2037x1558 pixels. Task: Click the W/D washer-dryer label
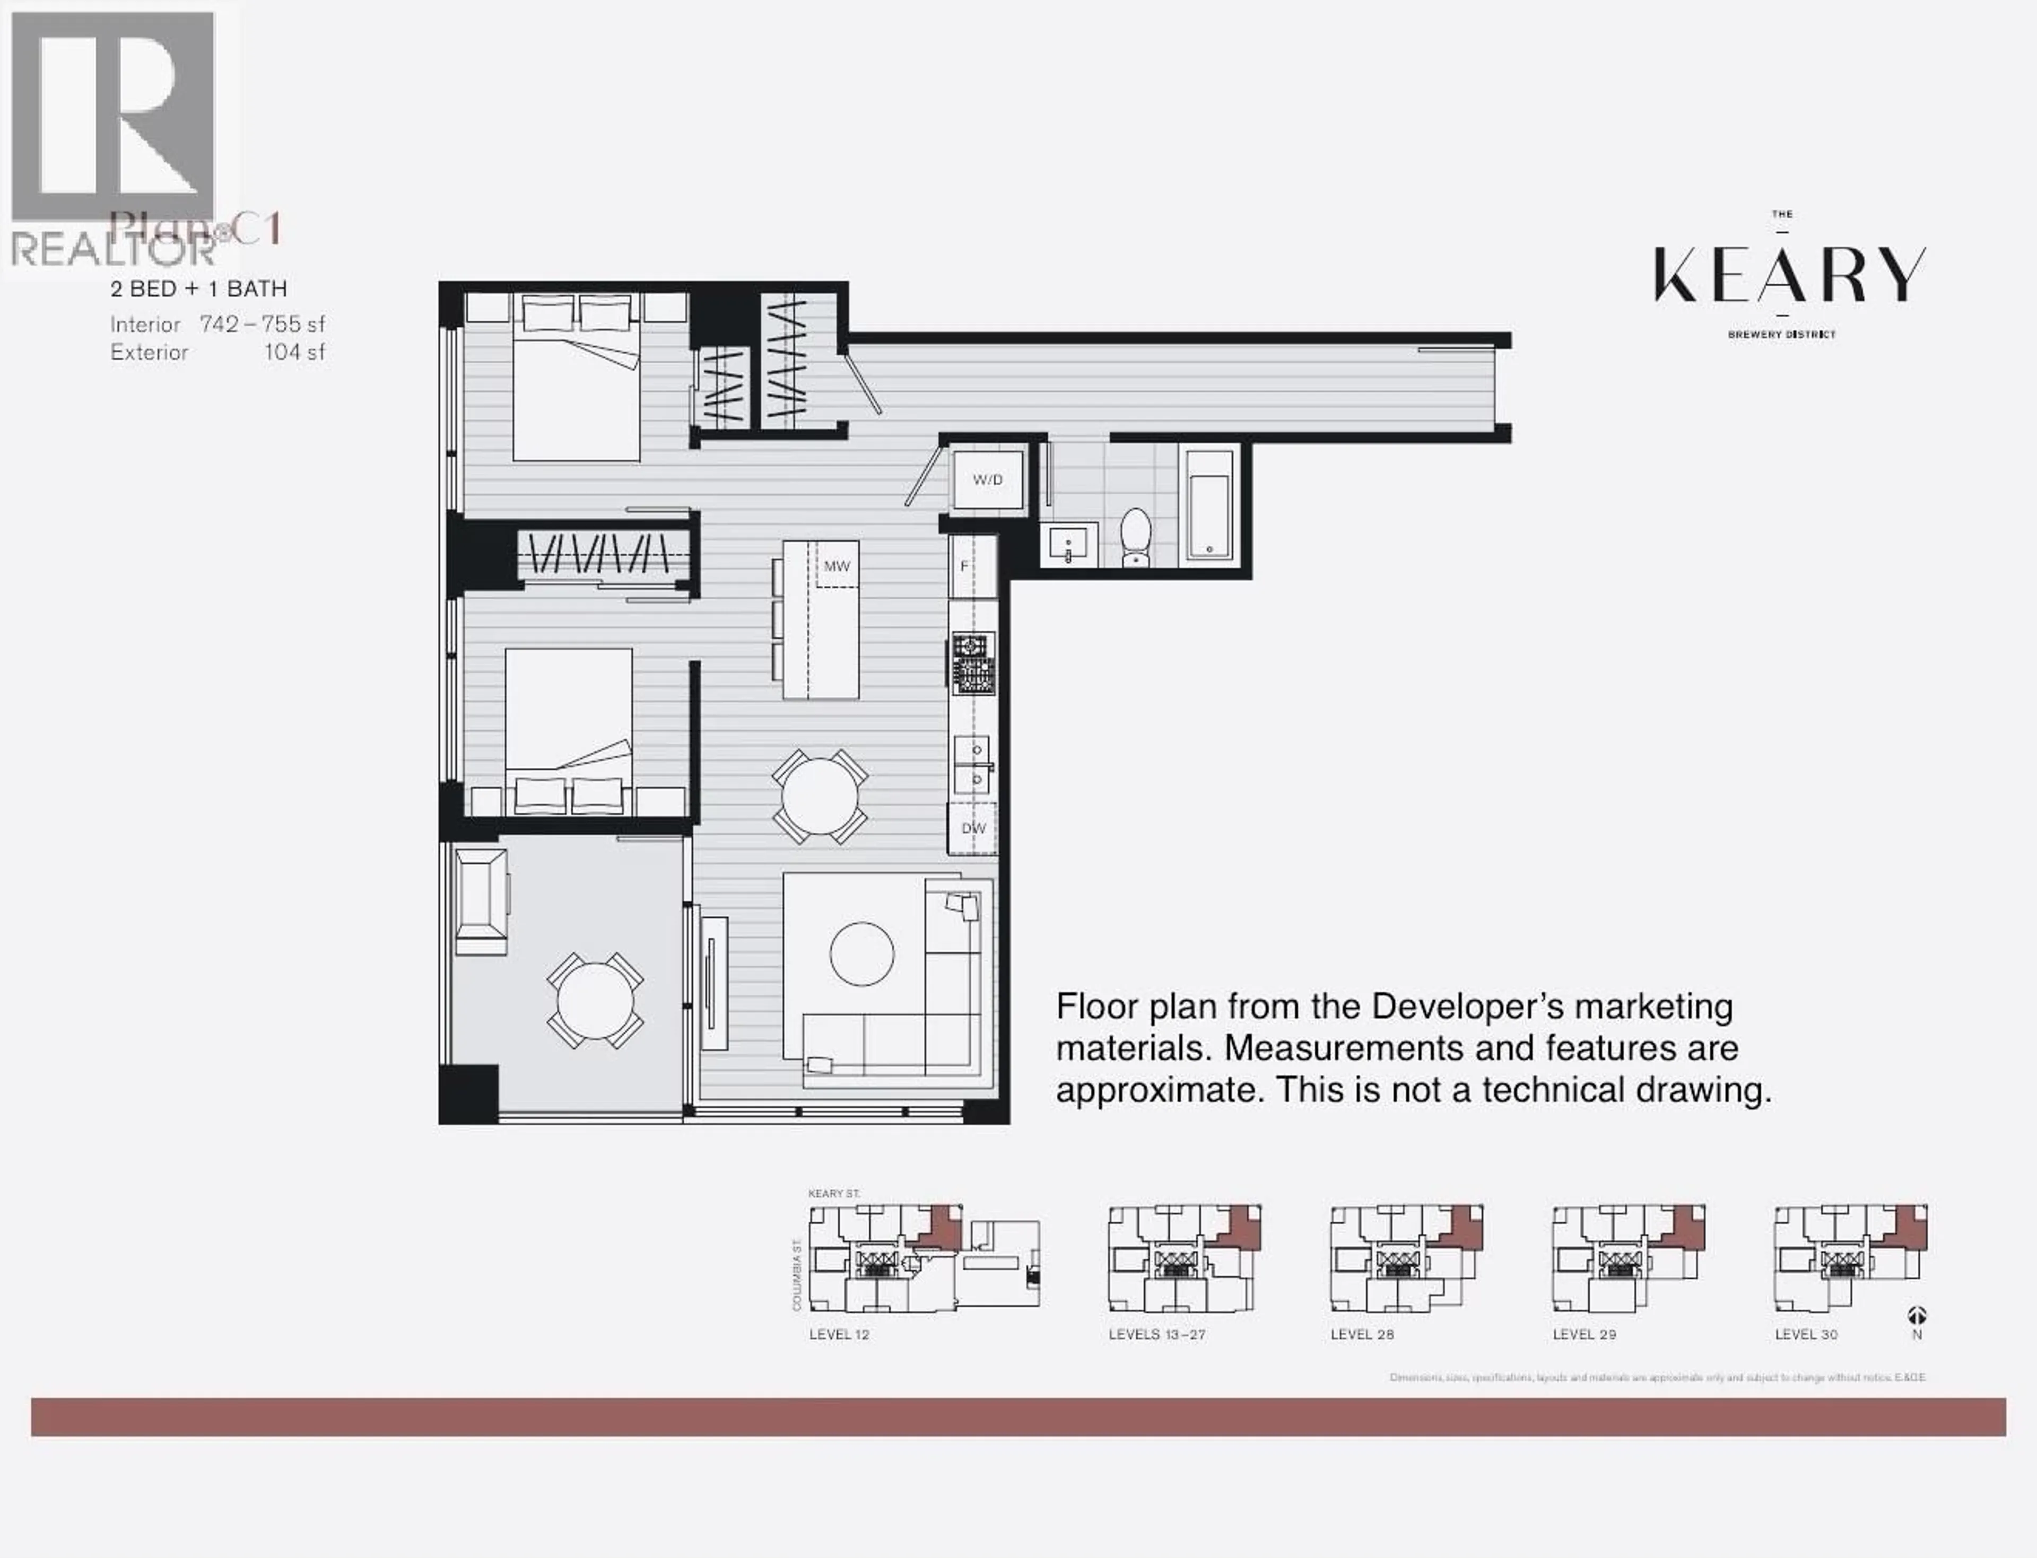tap(987, 479)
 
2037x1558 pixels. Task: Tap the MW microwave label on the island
tap(836, 566)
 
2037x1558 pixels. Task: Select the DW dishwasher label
tap(973, 828)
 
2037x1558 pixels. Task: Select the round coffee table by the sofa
tap(861, 955)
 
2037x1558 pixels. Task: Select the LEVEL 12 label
tap(839, 1335)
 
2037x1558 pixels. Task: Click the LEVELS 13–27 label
tap(1157, 1335)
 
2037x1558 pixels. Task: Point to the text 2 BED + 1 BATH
tap(198, 290)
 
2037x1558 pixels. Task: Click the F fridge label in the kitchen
tap(964, 566)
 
